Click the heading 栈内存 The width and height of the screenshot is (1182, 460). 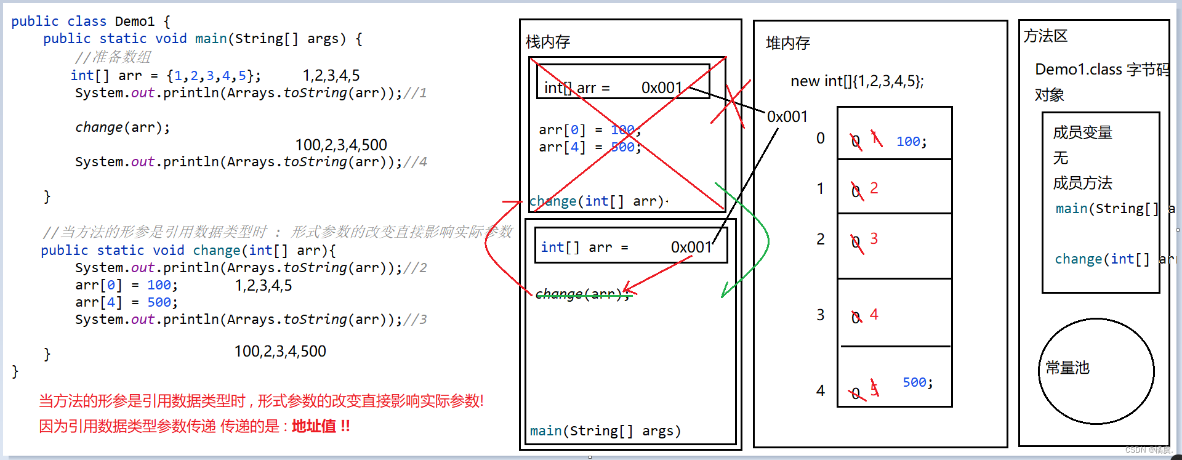click(548, 42)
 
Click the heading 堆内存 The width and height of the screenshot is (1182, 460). click(787, 43)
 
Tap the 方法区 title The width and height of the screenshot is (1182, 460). click(1045, 36)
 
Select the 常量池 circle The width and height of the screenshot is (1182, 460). click(1096, 371)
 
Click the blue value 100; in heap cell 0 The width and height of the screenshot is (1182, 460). click(911, 142)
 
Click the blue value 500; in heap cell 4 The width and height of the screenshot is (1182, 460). click(917, 382)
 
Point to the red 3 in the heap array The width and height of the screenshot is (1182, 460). click(874, 238)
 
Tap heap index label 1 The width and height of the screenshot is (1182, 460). click(820, 188)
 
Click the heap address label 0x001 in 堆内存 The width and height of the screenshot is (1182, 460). click(787, 116)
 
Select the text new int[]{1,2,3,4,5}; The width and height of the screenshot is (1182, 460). click(857, 81)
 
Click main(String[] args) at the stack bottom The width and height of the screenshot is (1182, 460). click(605, 430)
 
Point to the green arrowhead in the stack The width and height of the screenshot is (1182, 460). click(726, 289)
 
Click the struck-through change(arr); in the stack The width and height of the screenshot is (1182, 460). click(582, 294)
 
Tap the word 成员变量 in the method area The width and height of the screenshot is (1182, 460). click(1082, 132)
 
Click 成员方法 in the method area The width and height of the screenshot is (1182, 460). click(1082, 183)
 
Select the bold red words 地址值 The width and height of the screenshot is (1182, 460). click(314, 426)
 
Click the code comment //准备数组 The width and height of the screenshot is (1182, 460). click(113, 57)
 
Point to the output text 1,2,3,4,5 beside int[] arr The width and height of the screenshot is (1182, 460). click(331, 76)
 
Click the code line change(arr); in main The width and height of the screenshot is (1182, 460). click(123, 127)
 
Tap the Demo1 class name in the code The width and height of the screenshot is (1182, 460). click(134, 22)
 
